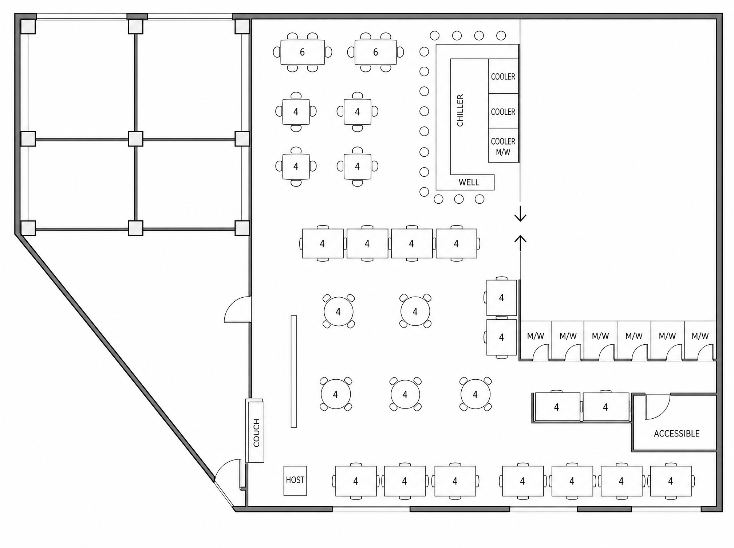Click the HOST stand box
click(x=295, y=481)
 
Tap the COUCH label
click(x=256, y=433)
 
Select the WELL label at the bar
click(x=469, y=182)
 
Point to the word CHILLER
click(x=460, y=110)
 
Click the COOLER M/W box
click(x=503, y=145)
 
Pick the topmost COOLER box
click(x=503, y=76)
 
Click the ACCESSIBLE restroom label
click(x=676, y=434)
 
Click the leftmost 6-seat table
click(x=302, y=52)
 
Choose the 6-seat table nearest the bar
click(x=376, y=52)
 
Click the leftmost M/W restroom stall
click(x=535, y=341)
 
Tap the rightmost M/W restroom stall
click(x=701, y=341)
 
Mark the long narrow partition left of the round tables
click(x=294, y=371)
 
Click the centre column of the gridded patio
click(x=135, y=139)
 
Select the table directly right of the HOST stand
click(x=356, y=481)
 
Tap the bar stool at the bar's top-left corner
click(x=424, y=52)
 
